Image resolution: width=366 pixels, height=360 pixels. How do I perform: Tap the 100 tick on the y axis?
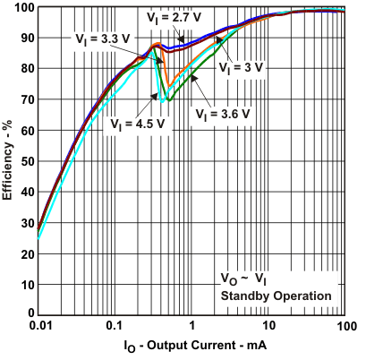[x=24, y=8]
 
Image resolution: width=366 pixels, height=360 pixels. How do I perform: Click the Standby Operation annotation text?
[x=277, y=295]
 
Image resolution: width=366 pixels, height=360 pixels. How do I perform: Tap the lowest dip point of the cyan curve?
[x=162, y=100]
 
